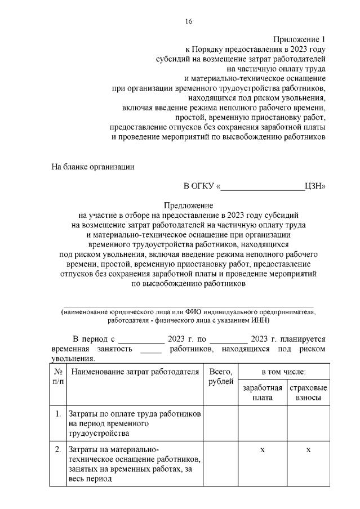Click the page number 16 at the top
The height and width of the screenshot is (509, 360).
[x=189, y=21]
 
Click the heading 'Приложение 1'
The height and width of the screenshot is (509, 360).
[x=299, y=39]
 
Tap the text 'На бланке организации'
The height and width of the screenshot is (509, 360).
[x=93, y=167]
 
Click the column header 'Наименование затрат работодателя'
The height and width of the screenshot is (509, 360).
[x=135, y=372]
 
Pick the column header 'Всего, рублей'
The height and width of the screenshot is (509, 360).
[x=221, y=377]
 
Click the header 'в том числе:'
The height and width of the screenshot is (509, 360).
[x=283, y=372]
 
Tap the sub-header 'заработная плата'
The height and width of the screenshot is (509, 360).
[x=262, y=393]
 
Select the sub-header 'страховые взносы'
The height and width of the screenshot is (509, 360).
[x=308, y=393]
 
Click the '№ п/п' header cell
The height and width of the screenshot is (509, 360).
[x=58, y=377]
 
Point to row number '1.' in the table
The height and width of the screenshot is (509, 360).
[x=58, y=414]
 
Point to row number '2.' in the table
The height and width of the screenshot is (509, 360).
[x=58, y=450]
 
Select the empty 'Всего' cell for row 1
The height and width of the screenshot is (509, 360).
[x=221, y=423]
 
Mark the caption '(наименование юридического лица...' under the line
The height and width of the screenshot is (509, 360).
[x=189, y=315]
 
